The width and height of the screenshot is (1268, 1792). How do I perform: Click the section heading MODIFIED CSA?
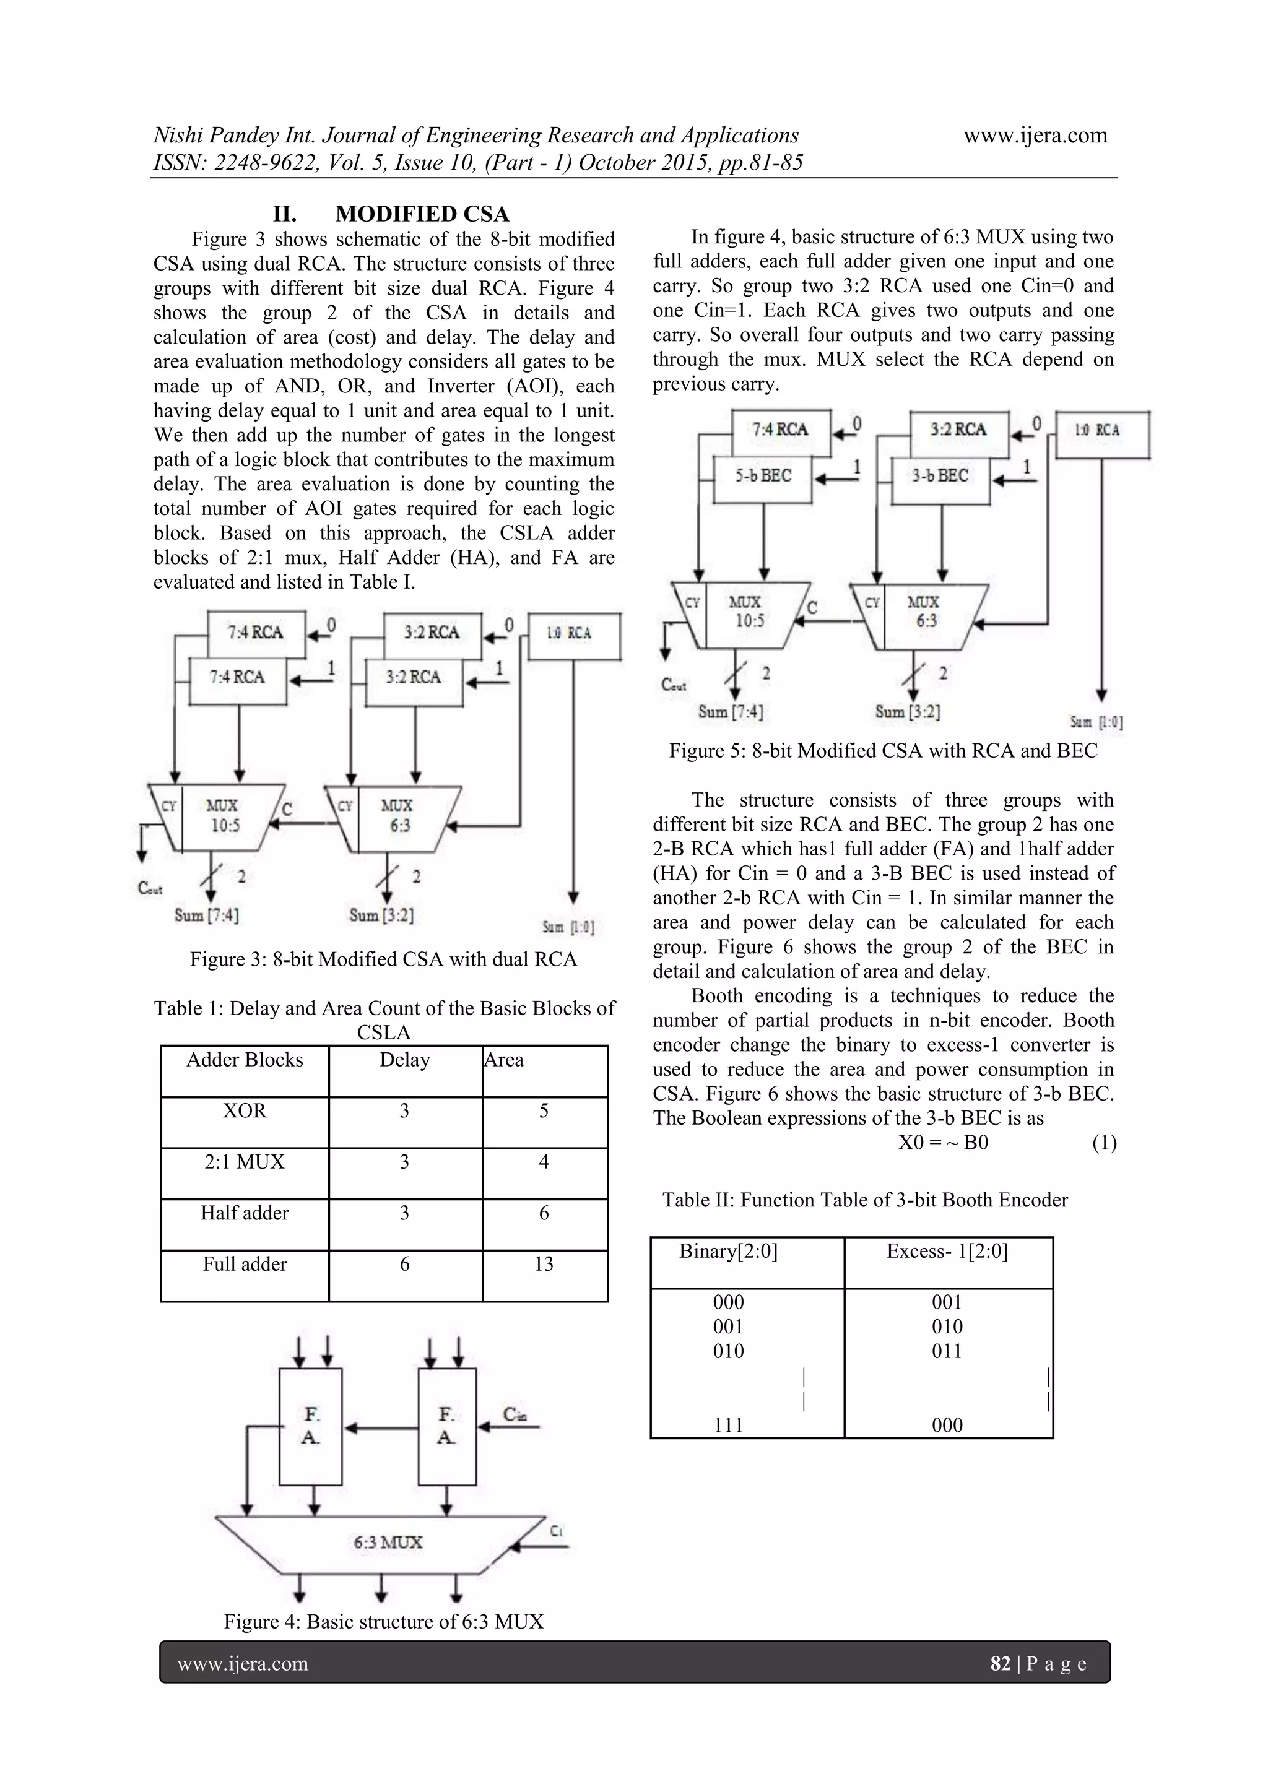[x=422, y=214]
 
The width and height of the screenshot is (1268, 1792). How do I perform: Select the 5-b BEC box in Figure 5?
[x=763, y=475]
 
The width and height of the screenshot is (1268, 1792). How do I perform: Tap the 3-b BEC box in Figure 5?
[x=940, y=475]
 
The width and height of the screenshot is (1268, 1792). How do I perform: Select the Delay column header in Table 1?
[x=404, y=1060]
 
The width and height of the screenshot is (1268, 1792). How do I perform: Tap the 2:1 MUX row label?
[x=245, y=1162]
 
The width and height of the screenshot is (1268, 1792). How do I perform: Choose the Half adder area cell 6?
[x=544, y=1213]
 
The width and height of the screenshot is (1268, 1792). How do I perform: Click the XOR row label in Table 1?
[x=245, y=1110]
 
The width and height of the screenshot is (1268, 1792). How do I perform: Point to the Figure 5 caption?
[x=882, y=751]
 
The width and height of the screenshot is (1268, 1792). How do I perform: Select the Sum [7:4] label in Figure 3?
[x=206, y=915]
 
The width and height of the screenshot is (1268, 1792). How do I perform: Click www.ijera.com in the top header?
[x=1035, y=135]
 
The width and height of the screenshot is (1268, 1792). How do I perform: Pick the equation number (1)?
[x=1104, y=1143]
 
